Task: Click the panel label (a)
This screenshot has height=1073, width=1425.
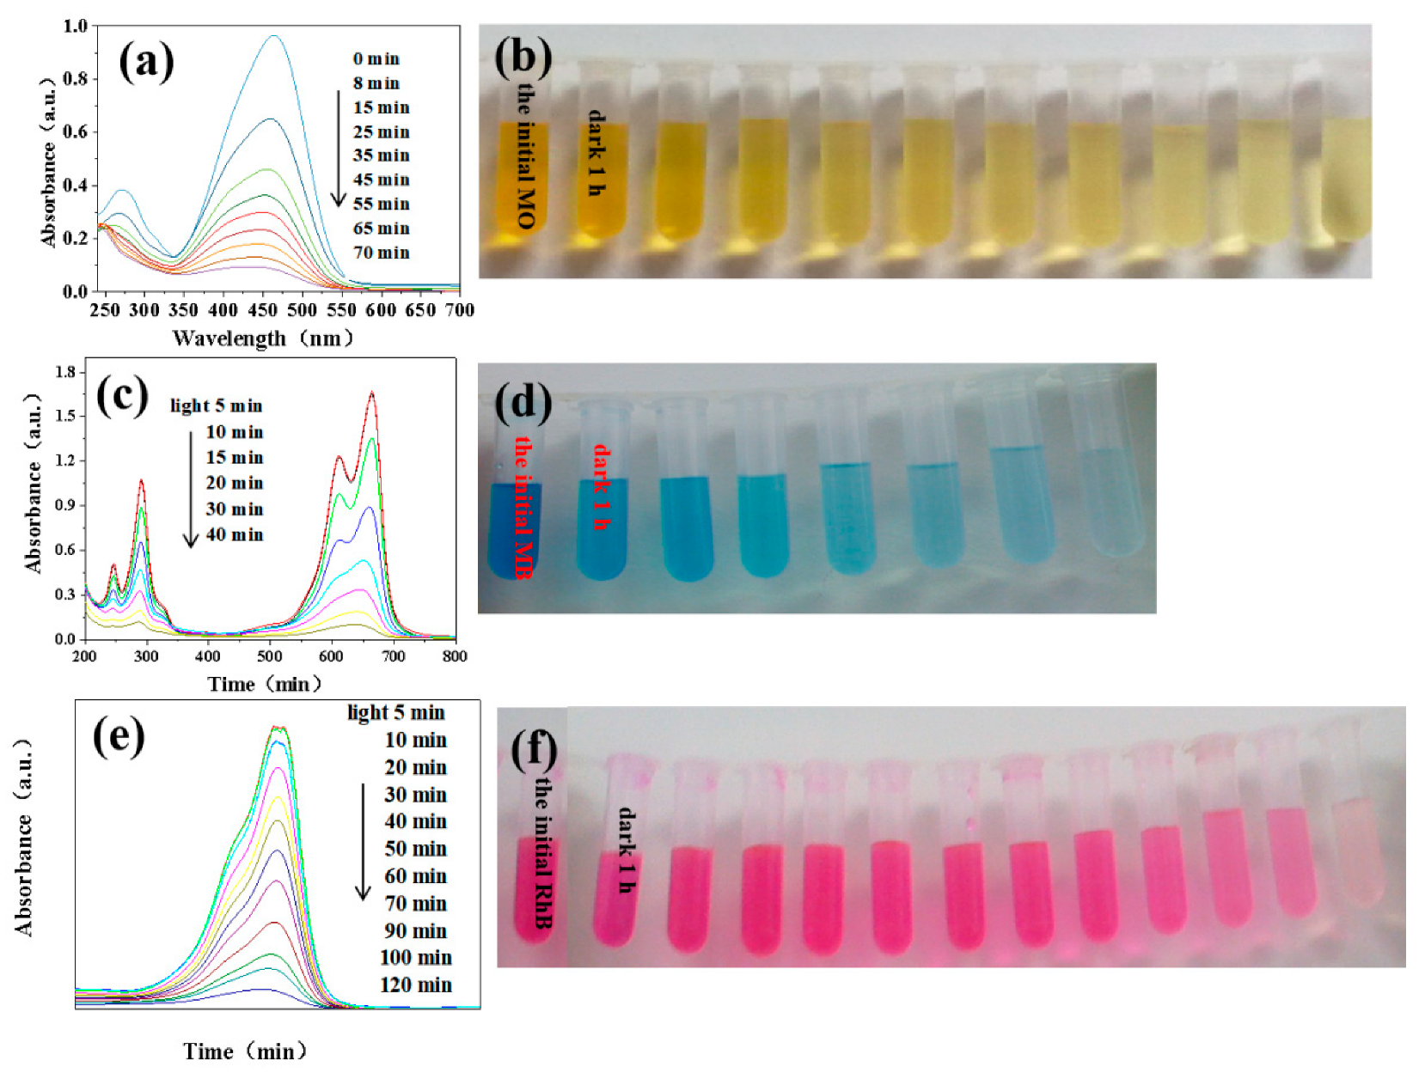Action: (146, 63)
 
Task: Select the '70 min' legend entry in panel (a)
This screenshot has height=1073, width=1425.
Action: (381, 253)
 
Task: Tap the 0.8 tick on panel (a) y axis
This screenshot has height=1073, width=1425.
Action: (76, 79)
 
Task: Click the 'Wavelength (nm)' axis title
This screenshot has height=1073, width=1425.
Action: (263, 338)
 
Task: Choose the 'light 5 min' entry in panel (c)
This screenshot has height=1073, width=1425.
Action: (216, 405)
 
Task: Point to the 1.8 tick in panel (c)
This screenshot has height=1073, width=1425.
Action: (65, 372)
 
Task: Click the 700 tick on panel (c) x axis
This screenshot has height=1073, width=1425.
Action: (394, 656)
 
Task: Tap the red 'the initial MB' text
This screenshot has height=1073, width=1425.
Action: (523, 507)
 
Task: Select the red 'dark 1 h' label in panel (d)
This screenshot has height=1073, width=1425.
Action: (602, 487)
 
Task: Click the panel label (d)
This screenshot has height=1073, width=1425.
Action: (523, 402)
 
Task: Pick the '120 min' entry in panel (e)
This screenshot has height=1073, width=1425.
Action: (416, 985)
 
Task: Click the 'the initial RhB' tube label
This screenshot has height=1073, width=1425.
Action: (542, 852)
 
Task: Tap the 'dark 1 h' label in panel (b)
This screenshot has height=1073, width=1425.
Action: (595, 153)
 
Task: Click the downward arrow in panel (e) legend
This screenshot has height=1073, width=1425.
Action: (364, 841)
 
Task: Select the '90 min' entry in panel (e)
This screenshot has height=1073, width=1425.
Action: (416, 931)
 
